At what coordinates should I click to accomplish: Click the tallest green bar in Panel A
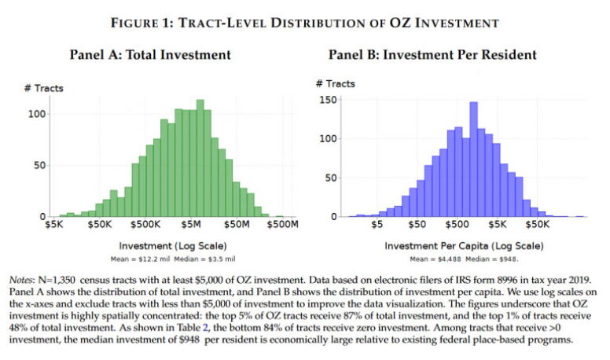(200, 158)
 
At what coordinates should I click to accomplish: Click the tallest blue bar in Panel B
(473, 160)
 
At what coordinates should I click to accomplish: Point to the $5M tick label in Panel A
(191, 225)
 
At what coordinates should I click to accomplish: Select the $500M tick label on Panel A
(283, 225)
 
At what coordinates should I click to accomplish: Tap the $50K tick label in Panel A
(100, 225)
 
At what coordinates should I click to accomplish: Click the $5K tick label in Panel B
(498, 225)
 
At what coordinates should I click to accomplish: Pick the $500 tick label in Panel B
(457, 225)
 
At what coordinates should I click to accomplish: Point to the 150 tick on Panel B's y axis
(328, 100)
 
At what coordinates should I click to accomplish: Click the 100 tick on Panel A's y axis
(37, 114)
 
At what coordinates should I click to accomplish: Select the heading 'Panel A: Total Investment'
(150, 54)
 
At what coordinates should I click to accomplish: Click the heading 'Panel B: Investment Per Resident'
(432, 54)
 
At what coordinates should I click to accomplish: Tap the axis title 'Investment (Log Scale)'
(173, 246)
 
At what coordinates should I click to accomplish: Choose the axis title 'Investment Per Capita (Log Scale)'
(464, 246)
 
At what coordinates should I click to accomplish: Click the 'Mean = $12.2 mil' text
(140, 259)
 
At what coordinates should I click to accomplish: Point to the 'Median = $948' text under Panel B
(492, 259)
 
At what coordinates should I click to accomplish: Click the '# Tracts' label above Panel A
(43, 88)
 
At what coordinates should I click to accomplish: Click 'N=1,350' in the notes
(57, 280)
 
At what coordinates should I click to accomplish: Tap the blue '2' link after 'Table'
(205, 328)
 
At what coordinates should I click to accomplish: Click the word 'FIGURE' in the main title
(136, 23)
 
